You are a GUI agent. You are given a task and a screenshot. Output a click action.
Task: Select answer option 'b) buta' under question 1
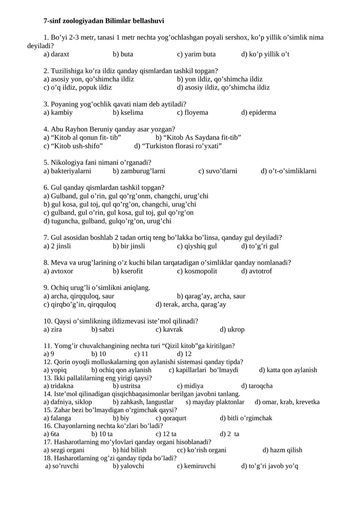point(123,54)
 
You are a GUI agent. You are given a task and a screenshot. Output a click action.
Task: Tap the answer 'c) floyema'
point(193,113)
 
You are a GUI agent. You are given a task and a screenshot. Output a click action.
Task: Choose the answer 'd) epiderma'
point(259,113)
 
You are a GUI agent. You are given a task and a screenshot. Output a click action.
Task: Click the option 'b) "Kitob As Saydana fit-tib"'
point(198,138)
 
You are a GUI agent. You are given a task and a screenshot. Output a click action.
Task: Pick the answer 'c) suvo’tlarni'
point(218,171)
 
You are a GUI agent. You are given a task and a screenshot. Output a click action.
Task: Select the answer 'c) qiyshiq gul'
point(197,246)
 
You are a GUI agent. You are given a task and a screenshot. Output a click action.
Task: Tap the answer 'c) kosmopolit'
point(197,271)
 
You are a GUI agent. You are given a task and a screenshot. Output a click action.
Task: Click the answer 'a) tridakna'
point(58,386)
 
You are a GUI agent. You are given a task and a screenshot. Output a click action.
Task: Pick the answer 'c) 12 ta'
point(166,434)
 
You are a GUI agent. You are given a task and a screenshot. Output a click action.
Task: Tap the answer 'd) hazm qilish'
point(283,450)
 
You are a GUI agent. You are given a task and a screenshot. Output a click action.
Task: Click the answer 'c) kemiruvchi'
point(196,466)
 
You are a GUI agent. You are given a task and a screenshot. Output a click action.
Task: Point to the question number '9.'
point(46,288)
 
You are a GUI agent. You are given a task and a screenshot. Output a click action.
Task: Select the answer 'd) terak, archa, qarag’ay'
point(191,305)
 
